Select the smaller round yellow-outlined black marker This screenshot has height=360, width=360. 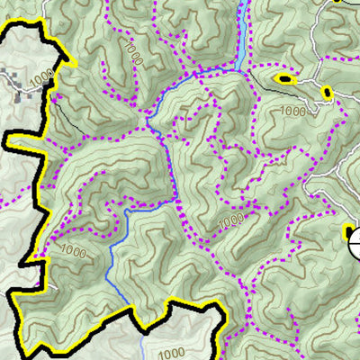click(326, 92)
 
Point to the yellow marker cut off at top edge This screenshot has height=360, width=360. click(339, 2)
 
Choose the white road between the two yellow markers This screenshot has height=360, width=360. click(307, 85)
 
